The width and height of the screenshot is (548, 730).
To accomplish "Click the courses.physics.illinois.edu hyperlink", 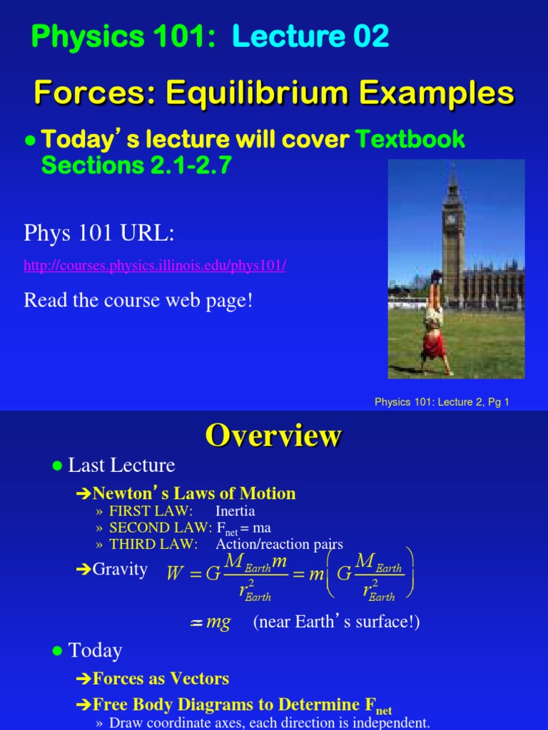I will (155, 266).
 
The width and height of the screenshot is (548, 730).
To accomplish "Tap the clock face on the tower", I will (450, 219).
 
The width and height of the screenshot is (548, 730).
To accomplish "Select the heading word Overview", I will (273, 436).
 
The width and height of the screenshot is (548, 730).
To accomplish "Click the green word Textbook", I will (410, 140).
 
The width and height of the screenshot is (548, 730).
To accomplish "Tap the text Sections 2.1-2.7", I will (136, 165).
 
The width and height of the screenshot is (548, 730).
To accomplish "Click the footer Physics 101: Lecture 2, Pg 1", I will (442, 402).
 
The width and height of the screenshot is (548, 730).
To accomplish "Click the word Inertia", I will (235, 511).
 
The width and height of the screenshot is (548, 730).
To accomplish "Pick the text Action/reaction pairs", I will (279, 544).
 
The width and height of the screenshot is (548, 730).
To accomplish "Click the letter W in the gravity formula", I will (175, 574).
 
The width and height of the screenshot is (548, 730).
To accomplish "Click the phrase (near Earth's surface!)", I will (336, 622).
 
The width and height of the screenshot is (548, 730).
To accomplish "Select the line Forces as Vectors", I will (161, 679).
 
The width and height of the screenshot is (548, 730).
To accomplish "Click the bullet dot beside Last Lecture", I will (58, 466).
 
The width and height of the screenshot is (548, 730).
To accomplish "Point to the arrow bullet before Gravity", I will (83, 570).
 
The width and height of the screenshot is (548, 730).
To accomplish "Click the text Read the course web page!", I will (138, 300).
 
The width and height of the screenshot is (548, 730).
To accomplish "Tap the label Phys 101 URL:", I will (98, 232).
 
